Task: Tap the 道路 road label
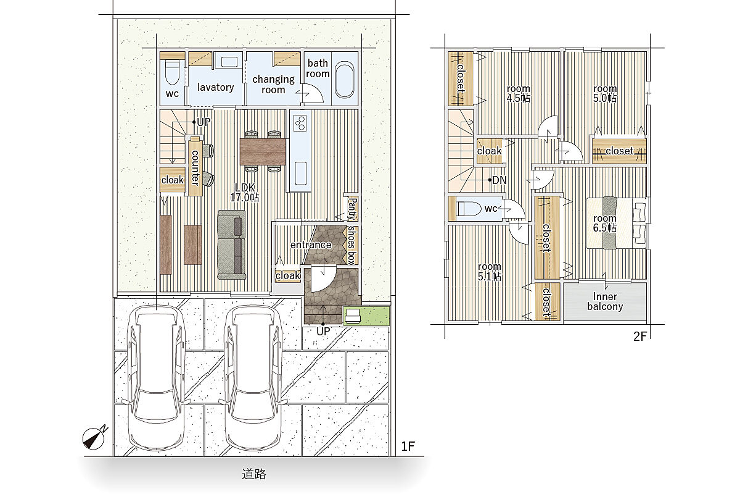pos(253,474)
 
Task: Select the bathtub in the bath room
pos(345,80)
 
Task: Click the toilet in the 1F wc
pos(172,72)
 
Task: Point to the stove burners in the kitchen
pos(300,123)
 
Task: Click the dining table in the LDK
pos(263,151)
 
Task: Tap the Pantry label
pos(353,209)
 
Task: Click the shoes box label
pos(351,245)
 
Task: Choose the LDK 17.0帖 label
pos(245,193)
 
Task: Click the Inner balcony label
pos(605,301)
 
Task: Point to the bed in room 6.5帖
pos(617,223)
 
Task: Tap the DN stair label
pos(499,180)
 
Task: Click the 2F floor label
pos(639,336)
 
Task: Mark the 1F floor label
pos(408,446)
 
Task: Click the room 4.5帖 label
pos(519,93)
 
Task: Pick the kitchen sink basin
pos(300,173)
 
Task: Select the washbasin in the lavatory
pos(229,62)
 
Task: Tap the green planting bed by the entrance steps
pos(366,316)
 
